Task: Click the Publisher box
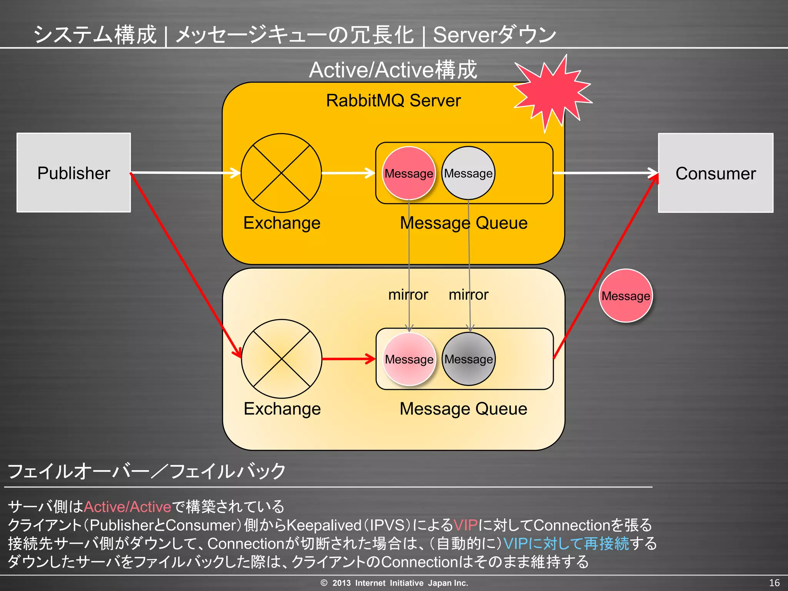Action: tap(73, 173)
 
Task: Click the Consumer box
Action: tap(715, 173)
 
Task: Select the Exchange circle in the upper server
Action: tap(281, 173)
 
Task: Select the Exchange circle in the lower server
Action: tap(281, 359)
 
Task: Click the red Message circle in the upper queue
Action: tap(409, 173)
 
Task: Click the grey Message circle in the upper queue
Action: tap(468, 173)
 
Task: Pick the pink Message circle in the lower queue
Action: tap(409, 359)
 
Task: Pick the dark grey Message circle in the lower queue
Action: tap(468, 359)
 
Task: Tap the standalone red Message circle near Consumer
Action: tap(626, 295)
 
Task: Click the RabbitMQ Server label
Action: tap(393, 101)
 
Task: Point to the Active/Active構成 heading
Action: tap(393, 70)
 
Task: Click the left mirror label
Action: tap(408, 295)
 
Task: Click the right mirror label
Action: tap(468, 295)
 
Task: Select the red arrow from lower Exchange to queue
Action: tap(348, 359)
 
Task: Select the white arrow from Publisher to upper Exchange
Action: tap(185, 173)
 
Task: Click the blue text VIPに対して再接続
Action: tap(566, 544)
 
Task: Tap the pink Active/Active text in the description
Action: tap(127, 507)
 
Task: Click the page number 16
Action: tap(774, 583)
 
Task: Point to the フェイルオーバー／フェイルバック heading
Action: tap(146, 471)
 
